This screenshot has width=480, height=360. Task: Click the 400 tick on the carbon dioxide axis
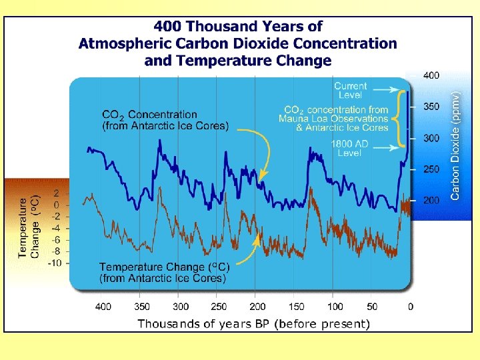[431, 75]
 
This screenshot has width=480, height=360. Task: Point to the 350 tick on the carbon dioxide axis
[431, 107]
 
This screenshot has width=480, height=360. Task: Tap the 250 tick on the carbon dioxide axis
[431, 169]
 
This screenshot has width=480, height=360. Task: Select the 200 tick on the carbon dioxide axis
[431, 200]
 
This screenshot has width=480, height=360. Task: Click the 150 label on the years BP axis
[296, 307]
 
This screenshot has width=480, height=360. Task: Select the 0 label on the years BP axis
[410, 307]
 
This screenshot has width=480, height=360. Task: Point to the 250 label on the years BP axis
[219, 307]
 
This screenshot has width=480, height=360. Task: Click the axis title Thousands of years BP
[253, 324]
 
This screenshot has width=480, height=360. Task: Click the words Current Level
[350, 91]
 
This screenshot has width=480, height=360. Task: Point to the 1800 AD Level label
[350, 149]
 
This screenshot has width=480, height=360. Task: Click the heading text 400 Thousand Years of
[238, 27]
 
